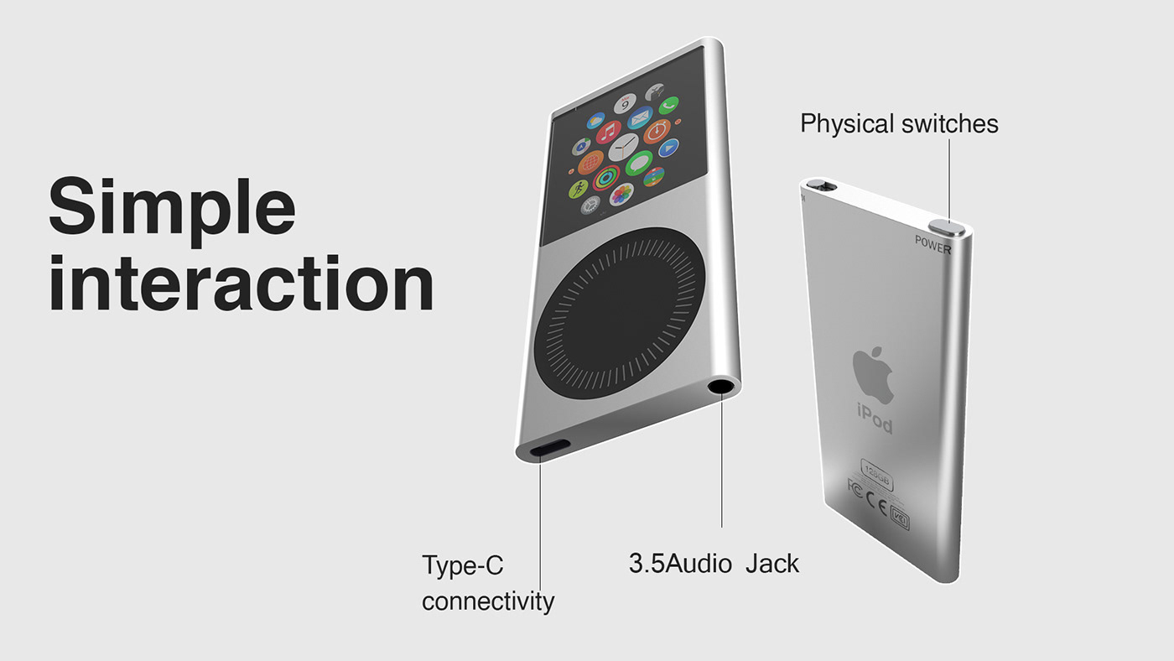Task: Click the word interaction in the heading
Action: [241, 284]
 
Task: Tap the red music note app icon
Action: [609, 133]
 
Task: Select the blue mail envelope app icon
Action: [640, 117]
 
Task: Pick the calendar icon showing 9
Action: [626, 104]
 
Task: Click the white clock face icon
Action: [623, 148]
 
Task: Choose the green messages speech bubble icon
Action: [639, 162]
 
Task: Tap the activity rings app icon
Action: [605, 178]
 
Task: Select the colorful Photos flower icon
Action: [621, 195]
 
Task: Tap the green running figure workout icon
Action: [579, 190]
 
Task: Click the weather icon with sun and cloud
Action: [596, 122]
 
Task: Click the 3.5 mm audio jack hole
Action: [720, 387]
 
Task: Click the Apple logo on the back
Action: [873, 373]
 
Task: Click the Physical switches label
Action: [899, 124]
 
